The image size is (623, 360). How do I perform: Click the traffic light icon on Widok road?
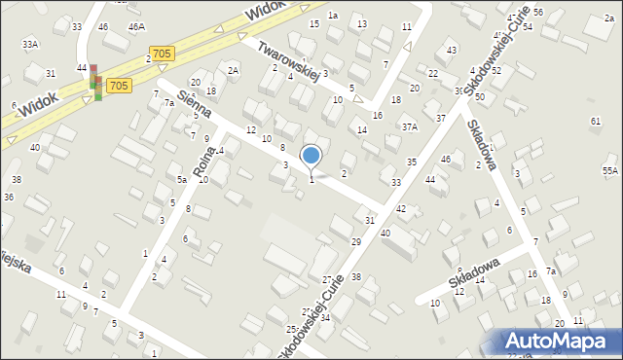[95, 81]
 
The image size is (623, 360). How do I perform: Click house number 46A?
[136, 26]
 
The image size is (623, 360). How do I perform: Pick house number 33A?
[30, 44]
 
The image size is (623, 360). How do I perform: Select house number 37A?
[410, 126]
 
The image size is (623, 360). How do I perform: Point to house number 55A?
[610, 170]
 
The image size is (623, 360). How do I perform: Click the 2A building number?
[233, 70]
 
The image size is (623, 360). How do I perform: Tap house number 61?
[595, 121]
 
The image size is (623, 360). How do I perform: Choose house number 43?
[451, 50]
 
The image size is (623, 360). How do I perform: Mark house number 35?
[412, 162]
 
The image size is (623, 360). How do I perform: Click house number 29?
[355, 240]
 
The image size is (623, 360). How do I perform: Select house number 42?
[400, 209]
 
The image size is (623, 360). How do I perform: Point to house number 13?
[362, 23]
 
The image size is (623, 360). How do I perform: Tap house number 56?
[538, 12]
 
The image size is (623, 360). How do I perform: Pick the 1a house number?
[332, 15]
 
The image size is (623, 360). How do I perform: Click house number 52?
[495, 71]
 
